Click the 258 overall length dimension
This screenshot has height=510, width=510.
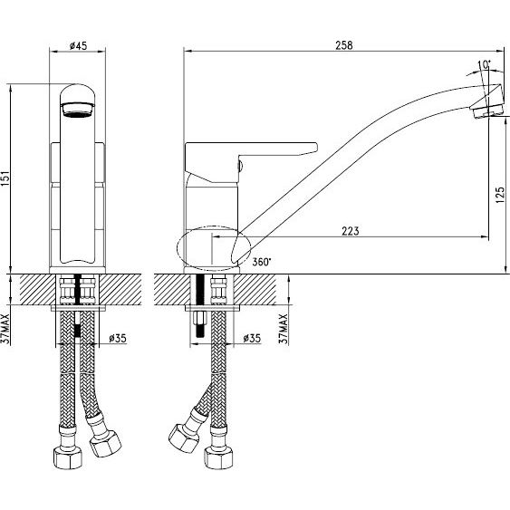pyautogui.click(x=344, y=45)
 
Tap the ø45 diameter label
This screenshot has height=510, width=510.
pyautogui.click(x=79, y=45)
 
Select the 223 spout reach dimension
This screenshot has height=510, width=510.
pyautogui.click(x=351, y=231)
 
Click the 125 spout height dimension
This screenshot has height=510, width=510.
pyautogui.click(x=501, y=195)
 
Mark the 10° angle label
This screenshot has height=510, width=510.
pyautogui.click(x=485, y=64)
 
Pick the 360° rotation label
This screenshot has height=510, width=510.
pyautogui.click(x=262, y=262)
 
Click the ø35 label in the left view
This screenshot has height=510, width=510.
pyautogui.click(x=118, y=338)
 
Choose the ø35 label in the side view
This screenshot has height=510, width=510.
pyautogui.click(x=252, y=338)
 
